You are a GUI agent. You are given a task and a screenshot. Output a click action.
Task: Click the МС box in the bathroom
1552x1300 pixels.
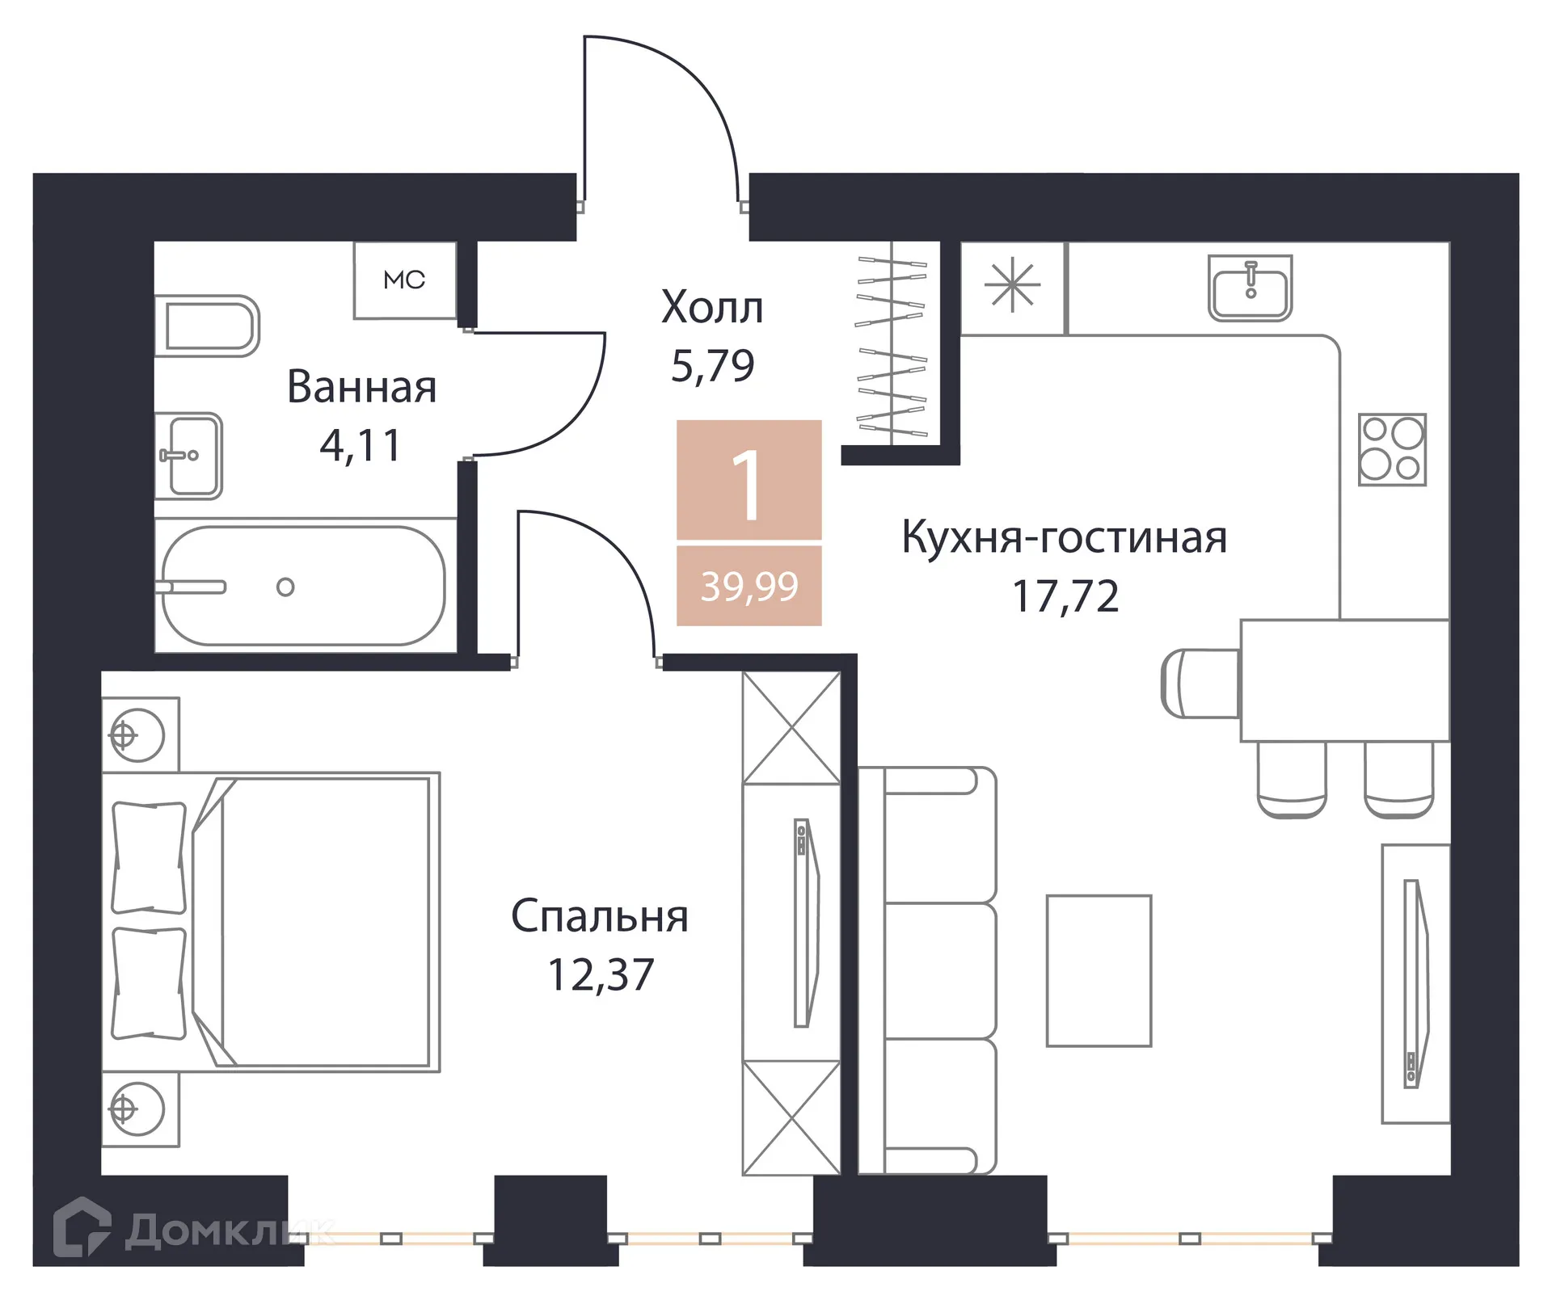pos(405,280)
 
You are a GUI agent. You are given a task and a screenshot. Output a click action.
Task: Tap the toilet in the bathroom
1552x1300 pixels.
pos(209,326)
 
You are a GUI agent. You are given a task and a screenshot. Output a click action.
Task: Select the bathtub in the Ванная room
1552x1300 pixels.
pos(303,586)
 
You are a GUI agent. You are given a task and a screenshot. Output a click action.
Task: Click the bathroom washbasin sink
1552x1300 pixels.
pos(189,455)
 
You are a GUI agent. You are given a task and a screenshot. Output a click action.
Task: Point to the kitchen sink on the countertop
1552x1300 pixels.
pos(1250,288)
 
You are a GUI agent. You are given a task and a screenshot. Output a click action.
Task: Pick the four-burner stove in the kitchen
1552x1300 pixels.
pos(1392,449)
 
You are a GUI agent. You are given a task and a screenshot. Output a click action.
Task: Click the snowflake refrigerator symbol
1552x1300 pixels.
pos(1012,286)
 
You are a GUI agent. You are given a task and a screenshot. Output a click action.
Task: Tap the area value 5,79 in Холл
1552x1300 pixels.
pos(712,366)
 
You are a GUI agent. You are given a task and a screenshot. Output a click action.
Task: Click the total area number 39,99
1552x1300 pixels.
pos(749,587)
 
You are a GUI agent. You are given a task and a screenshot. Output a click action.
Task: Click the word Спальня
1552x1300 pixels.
pos(599,916)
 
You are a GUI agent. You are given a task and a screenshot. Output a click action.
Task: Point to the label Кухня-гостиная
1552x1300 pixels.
pos(1064,537)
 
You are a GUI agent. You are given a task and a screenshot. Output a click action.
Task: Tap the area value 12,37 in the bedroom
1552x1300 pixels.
pos(600,974)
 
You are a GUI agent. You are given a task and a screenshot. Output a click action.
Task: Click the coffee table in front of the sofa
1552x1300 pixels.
pos(1099,970)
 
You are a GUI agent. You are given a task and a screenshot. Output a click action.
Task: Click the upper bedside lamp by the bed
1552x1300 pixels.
pos(137,735)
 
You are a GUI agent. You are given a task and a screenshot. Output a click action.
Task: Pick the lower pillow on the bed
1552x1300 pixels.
pos(149,983)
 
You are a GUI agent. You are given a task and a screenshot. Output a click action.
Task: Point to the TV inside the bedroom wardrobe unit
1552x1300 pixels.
pos(804,923)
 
